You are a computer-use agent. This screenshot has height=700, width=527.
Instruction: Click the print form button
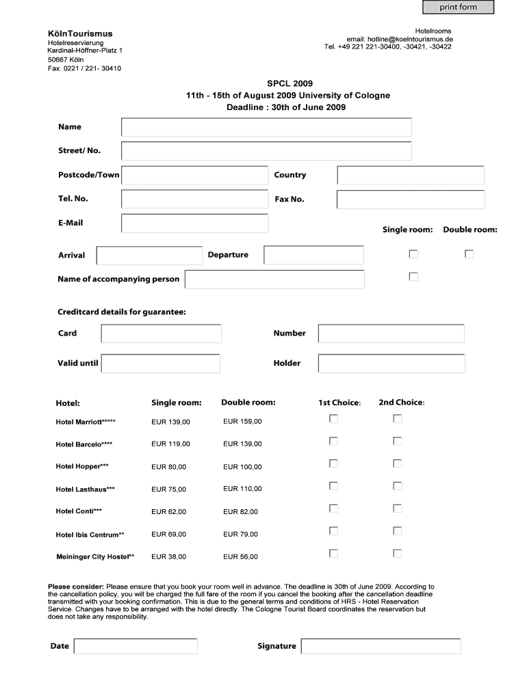[458, 8]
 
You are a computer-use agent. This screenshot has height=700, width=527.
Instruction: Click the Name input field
[266, 127]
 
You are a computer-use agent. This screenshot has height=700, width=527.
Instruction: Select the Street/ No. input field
[266, 151]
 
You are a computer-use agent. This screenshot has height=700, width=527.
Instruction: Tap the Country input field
[411, 175]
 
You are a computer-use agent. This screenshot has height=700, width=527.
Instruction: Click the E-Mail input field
[194, 224]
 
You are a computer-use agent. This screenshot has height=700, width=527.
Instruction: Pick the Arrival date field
[149, 255]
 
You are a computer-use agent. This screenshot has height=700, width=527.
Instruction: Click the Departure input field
[314, 255]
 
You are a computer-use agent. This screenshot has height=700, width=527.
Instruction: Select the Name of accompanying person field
[274, 279]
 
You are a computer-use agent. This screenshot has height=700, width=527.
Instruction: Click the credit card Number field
[391, 334]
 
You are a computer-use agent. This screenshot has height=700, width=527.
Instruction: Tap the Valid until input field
[161, 363]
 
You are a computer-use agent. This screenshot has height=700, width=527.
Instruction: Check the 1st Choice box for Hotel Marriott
[333, 418]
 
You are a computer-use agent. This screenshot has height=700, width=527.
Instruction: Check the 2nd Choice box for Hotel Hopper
[397, 463]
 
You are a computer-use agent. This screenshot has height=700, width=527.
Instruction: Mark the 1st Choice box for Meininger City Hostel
[333, 553]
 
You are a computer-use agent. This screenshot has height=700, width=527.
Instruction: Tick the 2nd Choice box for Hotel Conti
[397, 508]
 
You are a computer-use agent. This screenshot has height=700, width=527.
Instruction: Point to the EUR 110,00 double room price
[242, 489]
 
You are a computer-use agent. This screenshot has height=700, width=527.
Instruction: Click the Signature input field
[381, 646]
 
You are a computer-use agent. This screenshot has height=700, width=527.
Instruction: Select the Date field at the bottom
[136, 646]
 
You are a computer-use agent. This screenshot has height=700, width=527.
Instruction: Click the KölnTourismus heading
[80, 33]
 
